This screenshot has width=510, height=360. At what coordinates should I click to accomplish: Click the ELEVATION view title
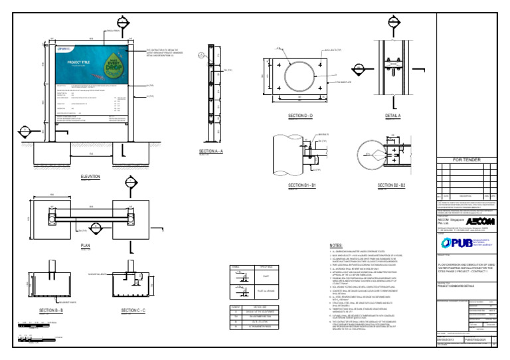(x=90, y=177)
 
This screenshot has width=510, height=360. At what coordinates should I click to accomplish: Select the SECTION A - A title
(x=211, y=152)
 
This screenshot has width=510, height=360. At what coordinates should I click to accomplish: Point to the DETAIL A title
(x=393, y=116)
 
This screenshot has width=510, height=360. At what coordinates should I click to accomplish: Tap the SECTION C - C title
(x=133, y=310)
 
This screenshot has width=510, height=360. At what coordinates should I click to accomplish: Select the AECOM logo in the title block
(x=479, y=221)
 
